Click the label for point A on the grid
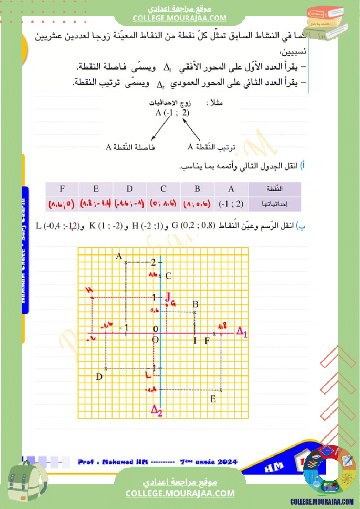[118, 256]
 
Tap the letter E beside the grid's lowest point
[213, 399]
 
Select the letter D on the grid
[99, 377]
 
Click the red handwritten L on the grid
[149, 374]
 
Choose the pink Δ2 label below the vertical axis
[156, 410]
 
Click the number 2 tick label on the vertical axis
[153, 262]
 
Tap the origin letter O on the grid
[155, 340]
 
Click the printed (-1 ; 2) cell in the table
[231, 203]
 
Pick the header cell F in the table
[62, 189]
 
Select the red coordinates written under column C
[163, 203]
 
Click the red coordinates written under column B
[197, 203]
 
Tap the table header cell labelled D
[129, 189]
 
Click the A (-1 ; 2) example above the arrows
[173, 113]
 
